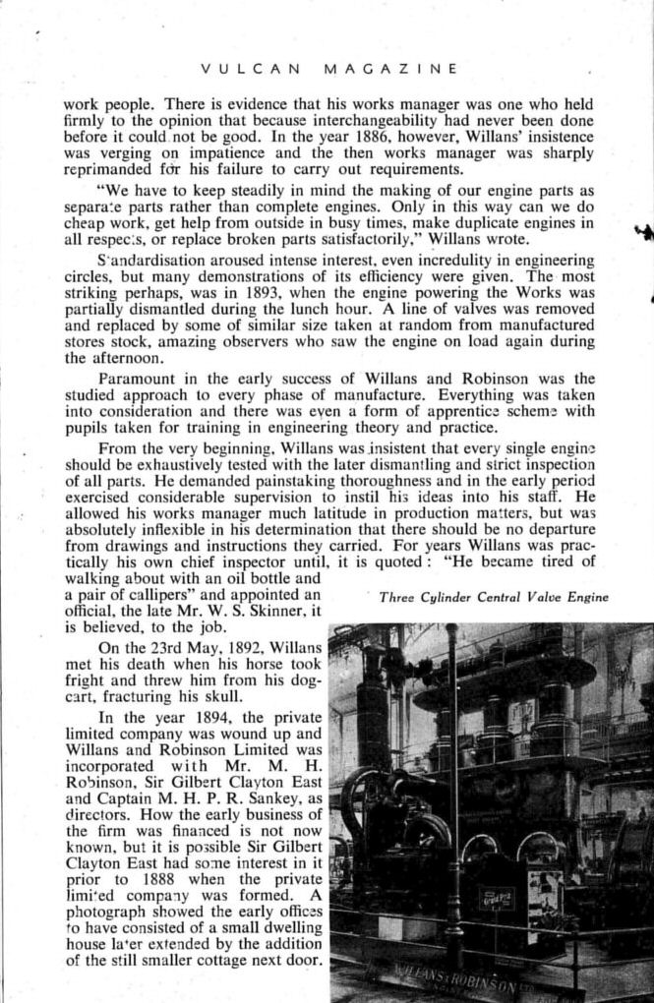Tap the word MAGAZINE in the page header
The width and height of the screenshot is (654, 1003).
tap(389, 69)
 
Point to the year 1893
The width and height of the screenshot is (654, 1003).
tap(241, 294)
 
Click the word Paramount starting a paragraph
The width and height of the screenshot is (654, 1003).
tap(138, 380)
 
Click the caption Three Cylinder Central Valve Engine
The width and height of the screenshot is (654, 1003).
tap(493, 596)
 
